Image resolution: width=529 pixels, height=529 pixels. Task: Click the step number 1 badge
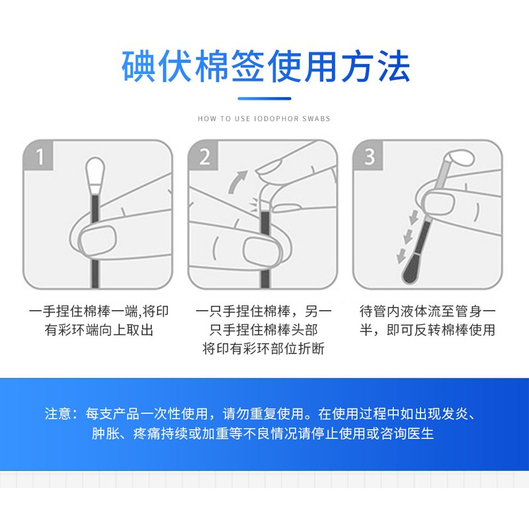click(38, 155)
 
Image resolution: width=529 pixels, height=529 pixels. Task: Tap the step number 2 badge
click(204, 155)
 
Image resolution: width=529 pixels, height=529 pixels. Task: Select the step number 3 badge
click(368, 155)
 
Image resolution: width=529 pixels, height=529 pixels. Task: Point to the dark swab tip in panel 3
click(411, 269)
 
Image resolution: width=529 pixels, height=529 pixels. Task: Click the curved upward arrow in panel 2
click(237, 181)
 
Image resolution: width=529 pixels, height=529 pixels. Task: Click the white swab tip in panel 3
click(460, 158)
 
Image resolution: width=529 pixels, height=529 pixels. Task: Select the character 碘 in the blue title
click(139, 66)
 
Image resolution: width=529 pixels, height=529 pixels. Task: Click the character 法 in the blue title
click(393, 66)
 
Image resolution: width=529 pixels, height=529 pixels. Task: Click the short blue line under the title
click(264, 99)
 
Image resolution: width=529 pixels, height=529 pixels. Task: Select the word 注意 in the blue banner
click(58, 414)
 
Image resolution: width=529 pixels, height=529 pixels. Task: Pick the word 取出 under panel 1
click(140, 330)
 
